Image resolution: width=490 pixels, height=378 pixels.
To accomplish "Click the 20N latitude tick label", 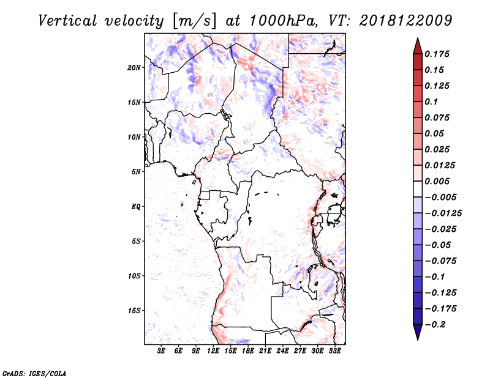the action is tap(134, 68).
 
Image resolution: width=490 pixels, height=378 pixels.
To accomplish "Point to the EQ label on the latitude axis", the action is tap(136, 207).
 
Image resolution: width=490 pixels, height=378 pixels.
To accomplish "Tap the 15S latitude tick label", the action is tap(134, 311).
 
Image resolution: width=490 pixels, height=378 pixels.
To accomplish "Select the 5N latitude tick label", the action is tap(136, 172).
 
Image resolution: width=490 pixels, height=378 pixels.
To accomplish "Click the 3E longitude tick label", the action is tap(161, 351).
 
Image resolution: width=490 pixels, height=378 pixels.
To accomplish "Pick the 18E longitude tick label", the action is tap(248, 351).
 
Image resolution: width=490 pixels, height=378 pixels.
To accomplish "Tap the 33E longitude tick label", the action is tap(334, 351).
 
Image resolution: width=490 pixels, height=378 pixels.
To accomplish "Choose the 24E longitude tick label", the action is tap(282, 351).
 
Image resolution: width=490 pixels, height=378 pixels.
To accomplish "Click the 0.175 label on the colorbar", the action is tap(437, 54).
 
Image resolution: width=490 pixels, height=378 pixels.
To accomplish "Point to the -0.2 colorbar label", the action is tap(435, 325).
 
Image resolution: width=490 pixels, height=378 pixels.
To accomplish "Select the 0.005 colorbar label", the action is tap(437, 181).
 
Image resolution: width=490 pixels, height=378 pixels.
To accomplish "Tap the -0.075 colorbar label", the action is tap(440, 261).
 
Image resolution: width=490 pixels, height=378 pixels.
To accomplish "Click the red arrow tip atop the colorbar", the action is tap(418, 39).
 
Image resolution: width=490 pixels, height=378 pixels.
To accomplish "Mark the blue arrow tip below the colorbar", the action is tap(418, 339).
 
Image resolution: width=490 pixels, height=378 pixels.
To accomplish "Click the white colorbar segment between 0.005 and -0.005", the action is tap(418, 189).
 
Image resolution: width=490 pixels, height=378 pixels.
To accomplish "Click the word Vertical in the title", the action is tap(67, 21).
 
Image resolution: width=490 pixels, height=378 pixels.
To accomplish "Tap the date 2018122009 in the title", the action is tap(405, 21).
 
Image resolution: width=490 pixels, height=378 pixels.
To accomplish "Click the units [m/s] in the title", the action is tap(194, 21).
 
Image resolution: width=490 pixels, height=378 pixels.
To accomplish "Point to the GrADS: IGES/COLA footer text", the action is tap(34, 374).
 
